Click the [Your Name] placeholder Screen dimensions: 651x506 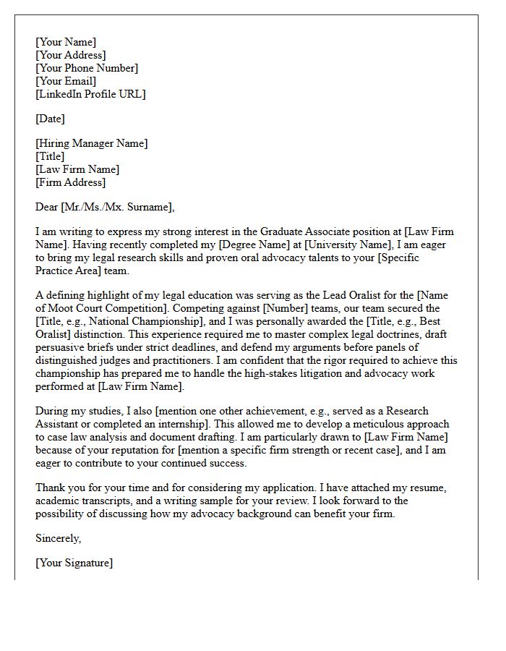[x=66, y=42]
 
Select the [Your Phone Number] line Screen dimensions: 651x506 [x=87, y=68]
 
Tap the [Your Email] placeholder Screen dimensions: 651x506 [x=66, y=81]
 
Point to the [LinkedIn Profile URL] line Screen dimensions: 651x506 [x=90, y=94]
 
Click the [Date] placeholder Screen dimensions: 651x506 [x=50, y=119]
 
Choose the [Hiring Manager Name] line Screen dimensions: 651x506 [x=91, y=143]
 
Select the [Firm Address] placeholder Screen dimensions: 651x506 [x=72, y=182]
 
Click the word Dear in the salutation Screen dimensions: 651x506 [x=47, y=207]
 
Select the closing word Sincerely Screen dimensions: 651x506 [x=59, y=538]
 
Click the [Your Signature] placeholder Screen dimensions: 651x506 [x=74, y=563]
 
